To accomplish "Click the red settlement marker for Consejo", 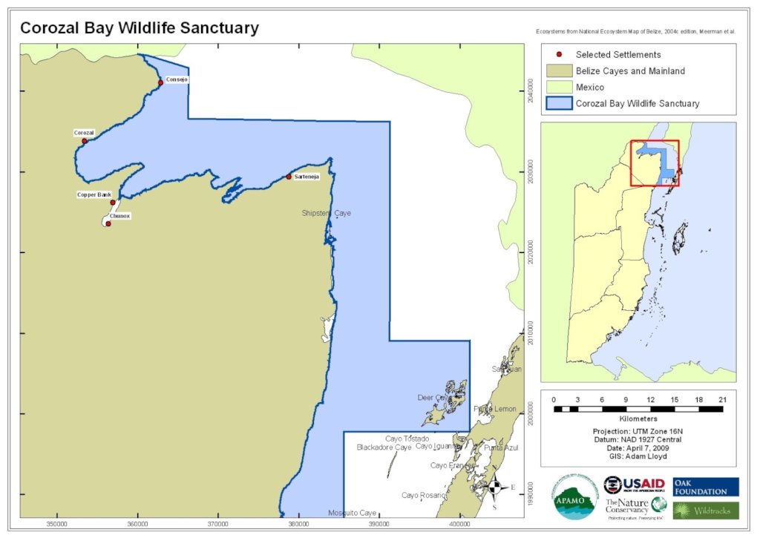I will coord(160,82).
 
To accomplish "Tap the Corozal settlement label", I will coord(84,133).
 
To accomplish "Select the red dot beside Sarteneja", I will coord(289,177).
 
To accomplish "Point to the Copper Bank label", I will coord(94,194).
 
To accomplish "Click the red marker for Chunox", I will coord(108,223).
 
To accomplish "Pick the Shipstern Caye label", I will coord(326,213).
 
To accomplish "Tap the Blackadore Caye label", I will coord(384,447).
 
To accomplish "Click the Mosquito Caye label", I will coord(352,513).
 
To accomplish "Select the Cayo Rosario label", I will coord(424,495).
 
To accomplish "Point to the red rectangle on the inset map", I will coord(655,163).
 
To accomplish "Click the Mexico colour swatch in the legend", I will coord(558,88).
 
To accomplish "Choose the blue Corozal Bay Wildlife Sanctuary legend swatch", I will coord(558,104).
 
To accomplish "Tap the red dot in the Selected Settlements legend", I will coord(559,55).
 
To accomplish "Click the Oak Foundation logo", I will coord(705,487).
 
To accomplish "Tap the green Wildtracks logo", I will coord(705,511).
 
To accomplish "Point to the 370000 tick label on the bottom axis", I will coord(218,524).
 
